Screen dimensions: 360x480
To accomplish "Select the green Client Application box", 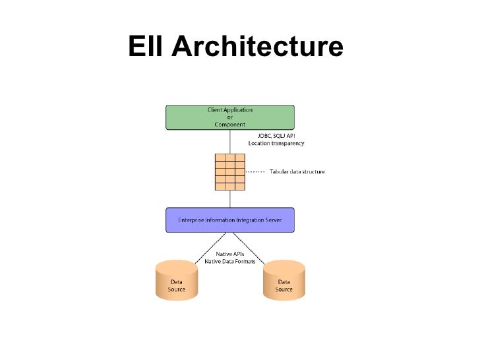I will tap(229, 117).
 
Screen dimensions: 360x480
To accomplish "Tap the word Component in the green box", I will tap(229, 124).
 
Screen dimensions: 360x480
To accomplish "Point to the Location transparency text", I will tap(276, 143).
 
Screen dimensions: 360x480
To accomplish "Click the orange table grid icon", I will tap(230, 172).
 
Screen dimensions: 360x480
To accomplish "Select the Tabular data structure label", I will tap(297, 172).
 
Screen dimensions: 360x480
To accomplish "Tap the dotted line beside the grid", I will tap(256, 172).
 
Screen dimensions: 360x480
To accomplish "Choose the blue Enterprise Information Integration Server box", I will tap(229, 220).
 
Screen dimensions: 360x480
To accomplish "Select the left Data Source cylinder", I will tap(177, 280).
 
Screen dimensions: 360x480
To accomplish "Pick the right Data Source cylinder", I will tap(284, 280).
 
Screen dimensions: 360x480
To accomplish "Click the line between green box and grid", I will tap(230, 141).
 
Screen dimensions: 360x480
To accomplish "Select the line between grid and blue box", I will tap(230, 199).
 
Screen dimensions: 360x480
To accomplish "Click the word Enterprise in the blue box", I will tap(193, 220).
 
